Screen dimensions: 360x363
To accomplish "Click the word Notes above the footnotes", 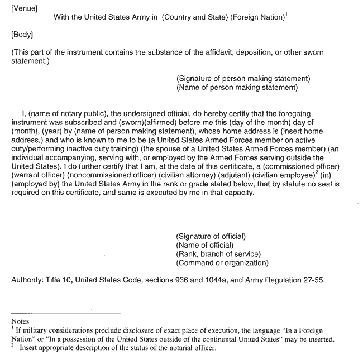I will (x=21, y=321).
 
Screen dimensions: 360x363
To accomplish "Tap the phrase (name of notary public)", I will (x=61, y=113).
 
